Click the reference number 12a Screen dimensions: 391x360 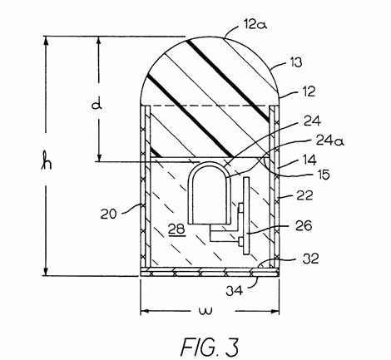(x=255, y=24)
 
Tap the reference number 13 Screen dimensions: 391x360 (x=296, y=62)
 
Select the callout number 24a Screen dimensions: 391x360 (x=330, y=141)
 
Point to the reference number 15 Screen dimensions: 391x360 (x=324, y=175)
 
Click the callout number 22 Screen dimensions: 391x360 (x=305, y=195)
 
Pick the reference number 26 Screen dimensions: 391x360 (x=304, y=225)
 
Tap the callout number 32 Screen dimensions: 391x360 (x=310, y=259)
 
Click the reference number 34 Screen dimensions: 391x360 (x=235, y=290)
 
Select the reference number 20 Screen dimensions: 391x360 (x=108, y=214)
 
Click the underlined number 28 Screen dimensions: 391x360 (x=176, y=229)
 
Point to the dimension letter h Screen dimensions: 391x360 (x=47, y=160)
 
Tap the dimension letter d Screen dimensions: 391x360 (x=97, y=105)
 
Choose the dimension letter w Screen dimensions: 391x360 (x=205, y=310)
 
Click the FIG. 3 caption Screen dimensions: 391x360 (x=210, y=347)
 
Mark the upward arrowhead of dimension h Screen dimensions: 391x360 (x=46, y=41)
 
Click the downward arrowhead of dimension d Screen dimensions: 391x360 (x=98, y=157)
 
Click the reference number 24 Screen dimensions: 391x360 (x=312, y=121)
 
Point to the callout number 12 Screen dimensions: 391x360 (x=309, y=91)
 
